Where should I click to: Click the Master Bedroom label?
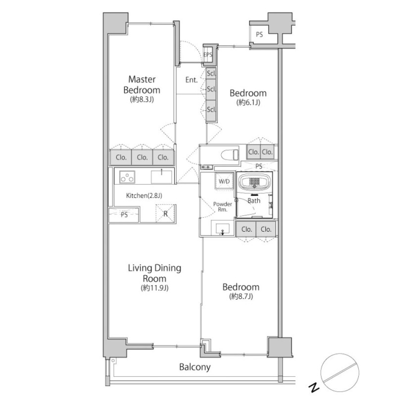click(142, 85)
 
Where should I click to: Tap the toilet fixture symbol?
click(230, 154)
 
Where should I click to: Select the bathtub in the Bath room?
click(254, 182)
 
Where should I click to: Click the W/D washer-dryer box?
click(224, 181)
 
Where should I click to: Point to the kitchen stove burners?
click(127, 177)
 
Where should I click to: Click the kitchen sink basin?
click(162, 177)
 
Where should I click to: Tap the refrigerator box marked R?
click(165, 214)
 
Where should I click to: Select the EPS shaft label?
click(208, 54)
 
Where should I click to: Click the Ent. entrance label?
click(192, 80)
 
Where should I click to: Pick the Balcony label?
click(195, 367)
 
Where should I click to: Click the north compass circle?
click(340, 373)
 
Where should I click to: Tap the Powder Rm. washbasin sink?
click(222, 229)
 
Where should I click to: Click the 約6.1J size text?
click(248, 102)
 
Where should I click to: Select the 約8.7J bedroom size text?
click(241, 296)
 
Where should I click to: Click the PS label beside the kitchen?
click(124, 215)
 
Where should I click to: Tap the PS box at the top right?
click(259, 34)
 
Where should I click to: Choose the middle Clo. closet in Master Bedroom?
click(142, 157)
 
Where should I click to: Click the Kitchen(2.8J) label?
click(144, 196)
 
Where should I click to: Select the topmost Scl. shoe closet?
click(211, 73)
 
